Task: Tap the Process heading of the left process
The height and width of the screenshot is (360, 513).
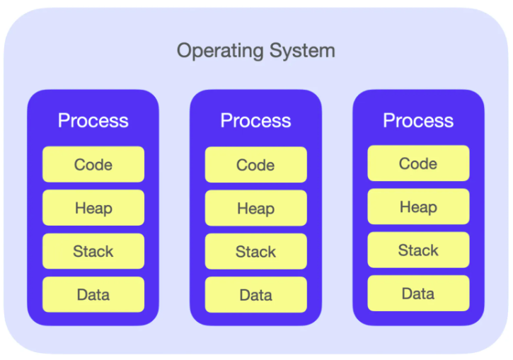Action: coord(93,120)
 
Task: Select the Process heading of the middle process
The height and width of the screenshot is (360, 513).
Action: coord(256,120)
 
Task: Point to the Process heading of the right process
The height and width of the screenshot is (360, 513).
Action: coord(418,120)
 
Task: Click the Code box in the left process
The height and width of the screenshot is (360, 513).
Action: coord(93,165)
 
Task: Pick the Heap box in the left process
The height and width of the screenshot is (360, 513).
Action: coord(93,208)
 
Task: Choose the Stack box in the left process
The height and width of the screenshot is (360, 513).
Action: coord(93,251)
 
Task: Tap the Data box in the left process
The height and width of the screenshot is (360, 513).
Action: coord(93,294)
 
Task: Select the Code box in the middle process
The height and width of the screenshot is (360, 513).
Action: coord(256,166)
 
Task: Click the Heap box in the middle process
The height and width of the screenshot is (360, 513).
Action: coord(256,209)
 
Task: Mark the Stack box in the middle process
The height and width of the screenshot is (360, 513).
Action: coord(256,252)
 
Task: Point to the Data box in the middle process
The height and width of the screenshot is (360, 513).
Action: coord(256,295)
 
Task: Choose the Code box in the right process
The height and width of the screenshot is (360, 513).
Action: coord(418,163)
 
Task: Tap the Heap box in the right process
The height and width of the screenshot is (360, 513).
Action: coord(418,207)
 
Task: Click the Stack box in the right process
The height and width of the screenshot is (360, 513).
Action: coord(418,250)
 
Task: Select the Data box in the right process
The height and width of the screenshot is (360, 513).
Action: coord(418,294)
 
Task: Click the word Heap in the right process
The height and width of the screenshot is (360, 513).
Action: coord(418,207)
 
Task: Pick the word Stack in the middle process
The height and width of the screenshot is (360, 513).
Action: coord(256,252)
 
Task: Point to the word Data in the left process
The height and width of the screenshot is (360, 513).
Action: coord(93,295)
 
